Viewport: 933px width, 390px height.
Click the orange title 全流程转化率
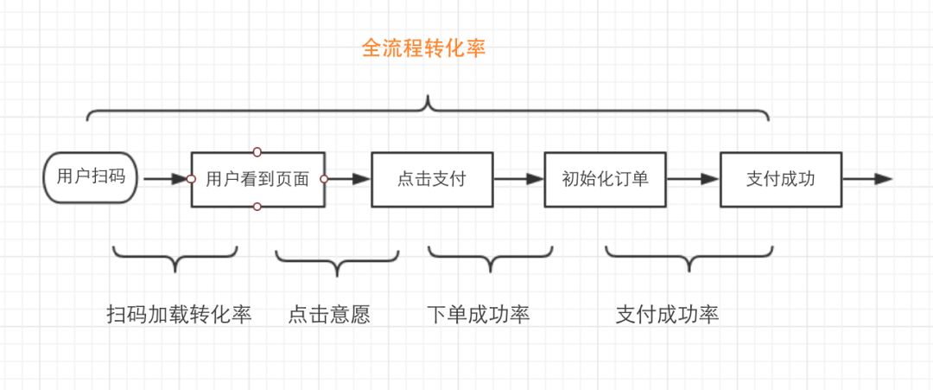tap(423, 48)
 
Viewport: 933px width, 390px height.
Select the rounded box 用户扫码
tap(91, 177)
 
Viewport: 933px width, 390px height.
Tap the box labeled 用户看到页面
tap(257, 179)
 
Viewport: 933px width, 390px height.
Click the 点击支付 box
tap(432, 179)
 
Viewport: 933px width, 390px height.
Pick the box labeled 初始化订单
tap(605, 179)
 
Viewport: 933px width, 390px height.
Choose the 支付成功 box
tap(781, 179)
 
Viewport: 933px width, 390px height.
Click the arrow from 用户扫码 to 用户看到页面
tap(166, 179)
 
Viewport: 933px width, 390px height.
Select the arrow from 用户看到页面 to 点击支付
tap(349, 179)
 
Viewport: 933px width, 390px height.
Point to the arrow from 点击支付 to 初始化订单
tap(519, 179)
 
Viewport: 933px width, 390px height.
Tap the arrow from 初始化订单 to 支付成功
tap(693, 179)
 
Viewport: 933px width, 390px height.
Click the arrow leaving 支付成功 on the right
tap(867, 179)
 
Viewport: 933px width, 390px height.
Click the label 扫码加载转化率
tap(180, 314)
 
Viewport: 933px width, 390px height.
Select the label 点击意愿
tap(329, 314)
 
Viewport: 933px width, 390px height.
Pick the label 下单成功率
tap(479, 314)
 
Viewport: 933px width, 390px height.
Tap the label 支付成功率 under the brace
tap(667, 314)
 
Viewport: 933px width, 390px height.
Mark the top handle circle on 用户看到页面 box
tap(257, 152)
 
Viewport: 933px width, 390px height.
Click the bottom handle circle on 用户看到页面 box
tap(257, 207)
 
